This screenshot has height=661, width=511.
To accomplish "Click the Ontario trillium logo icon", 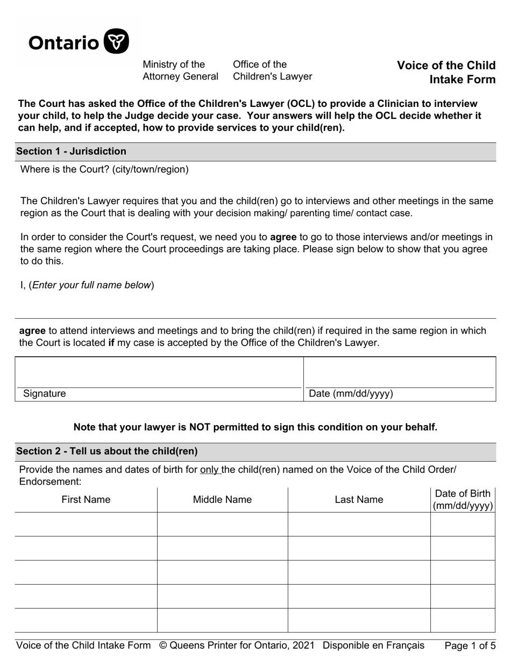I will (x=116, y=41).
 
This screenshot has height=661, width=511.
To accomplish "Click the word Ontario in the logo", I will (x=63, y=42).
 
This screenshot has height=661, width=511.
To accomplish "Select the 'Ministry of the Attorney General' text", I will (x=180, y=70).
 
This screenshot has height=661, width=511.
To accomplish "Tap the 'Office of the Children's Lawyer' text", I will (x=272, y=70).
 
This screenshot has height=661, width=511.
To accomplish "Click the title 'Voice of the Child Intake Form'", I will (x=446, y=73).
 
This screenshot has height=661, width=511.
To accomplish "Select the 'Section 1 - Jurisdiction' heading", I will (x=71, y=152).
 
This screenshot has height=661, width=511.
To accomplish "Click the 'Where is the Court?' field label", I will (x=104, y=170).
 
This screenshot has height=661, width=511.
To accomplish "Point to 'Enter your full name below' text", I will (x=91, y=285).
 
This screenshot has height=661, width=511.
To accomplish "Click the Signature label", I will (x=44, y=394).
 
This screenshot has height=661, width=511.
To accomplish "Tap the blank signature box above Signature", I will (x=159, y=372).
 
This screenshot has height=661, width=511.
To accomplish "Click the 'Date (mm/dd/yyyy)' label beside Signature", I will (x=351, y=394).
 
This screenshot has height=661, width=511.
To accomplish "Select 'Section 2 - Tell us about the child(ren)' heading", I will (x=107, y=451).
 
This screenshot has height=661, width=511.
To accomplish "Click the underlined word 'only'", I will (x=209, y=470).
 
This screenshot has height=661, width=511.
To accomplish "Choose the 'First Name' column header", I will (x=86, y=500).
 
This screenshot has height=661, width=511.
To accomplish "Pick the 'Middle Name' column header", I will (x=222, y=500).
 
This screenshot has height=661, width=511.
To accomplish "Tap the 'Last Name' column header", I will (x=359, y=500).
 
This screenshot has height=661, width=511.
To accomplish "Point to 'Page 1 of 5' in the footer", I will (x=470, y=646).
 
